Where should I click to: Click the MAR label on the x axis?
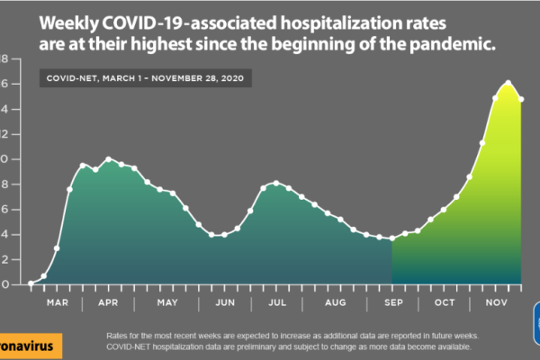[58, 302]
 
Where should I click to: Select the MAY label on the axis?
[168, 302]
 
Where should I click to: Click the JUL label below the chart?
[278, 302]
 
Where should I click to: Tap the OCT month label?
[445, 302]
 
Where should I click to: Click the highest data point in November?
[508, 84]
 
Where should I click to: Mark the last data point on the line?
[521, 99]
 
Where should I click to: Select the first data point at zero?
[31, 283]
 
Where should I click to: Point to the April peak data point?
[109, 159]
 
